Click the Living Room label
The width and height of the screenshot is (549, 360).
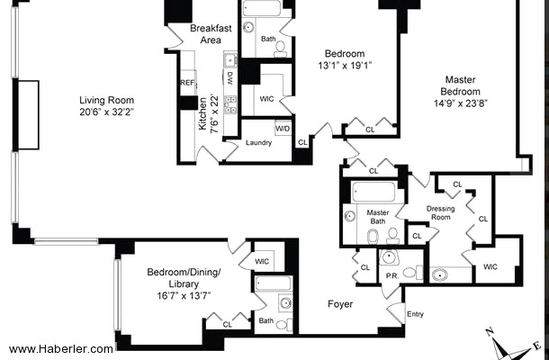pyautogui.click(x=106, y=100)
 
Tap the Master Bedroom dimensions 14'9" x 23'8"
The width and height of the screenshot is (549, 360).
pyautogui.click(x=461, y=103)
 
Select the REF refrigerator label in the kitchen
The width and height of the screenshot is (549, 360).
pyautogui.click(x=187, y=83)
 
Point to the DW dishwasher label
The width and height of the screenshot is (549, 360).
pyautogui.click(x=230, y=78)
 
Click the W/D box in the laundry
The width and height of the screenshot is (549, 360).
pyautogui.click(x=283, y=129)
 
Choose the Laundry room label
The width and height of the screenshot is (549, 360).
pyautogui.click(x=258, y=142)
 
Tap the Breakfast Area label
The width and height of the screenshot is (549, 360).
pyautogui.click(x=211, y=34)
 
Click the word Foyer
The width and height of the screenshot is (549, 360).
pyautogui.click(x=340, y=304)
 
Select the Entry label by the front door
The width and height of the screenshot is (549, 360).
pyautogui.click(x=415, y=314)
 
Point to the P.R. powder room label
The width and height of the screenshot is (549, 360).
pyautogui.click(x=392, y=276)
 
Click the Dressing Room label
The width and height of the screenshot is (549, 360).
pyautogui.click(x=440, y=213)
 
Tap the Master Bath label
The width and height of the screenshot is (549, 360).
pyautogui.click(x=378, y=217)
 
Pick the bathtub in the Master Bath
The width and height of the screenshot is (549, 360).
pyautogui.click(x=373, y=192)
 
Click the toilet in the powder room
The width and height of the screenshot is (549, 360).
pyautogui.click(x=413, y=273)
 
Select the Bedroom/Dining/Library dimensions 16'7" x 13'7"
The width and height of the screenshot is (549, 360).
pyautogui.click(x=184, y=296)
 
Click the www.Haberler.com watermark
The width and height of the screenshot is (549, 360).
pyautogui.click(x=61, y=349)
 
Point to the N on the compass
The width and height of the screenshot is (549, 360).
pyautogui.click(x=490, y=331)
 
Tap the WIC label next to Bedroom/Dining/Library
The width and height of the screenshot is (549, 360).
pyautogui.click(x=262, y=262)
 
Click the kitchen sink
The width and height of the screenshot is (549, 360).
pyautogui.click(x=230, y=60)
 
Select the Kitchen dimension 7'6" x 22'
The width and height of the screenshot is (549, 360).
pyautogui.click(x=214, y=113)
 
